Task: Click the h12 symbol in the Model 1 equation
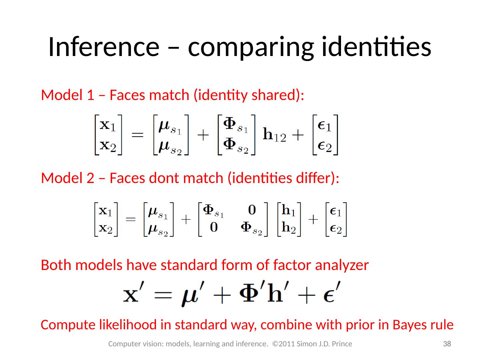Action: [x=274, y=135]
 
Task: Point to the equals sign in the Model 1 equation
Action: [x=138, y=135]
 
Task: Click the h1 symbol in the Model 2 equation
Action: [x=289, y=211]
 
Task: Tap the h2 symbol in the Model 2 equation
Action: [x=289, y=228]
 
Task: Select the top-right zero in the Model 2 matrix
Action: [x=252, y=210]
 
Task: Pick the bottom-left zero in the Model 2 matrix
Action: [x=213, y=227]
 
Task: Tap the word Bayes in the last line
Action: [x=408, y=325]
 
